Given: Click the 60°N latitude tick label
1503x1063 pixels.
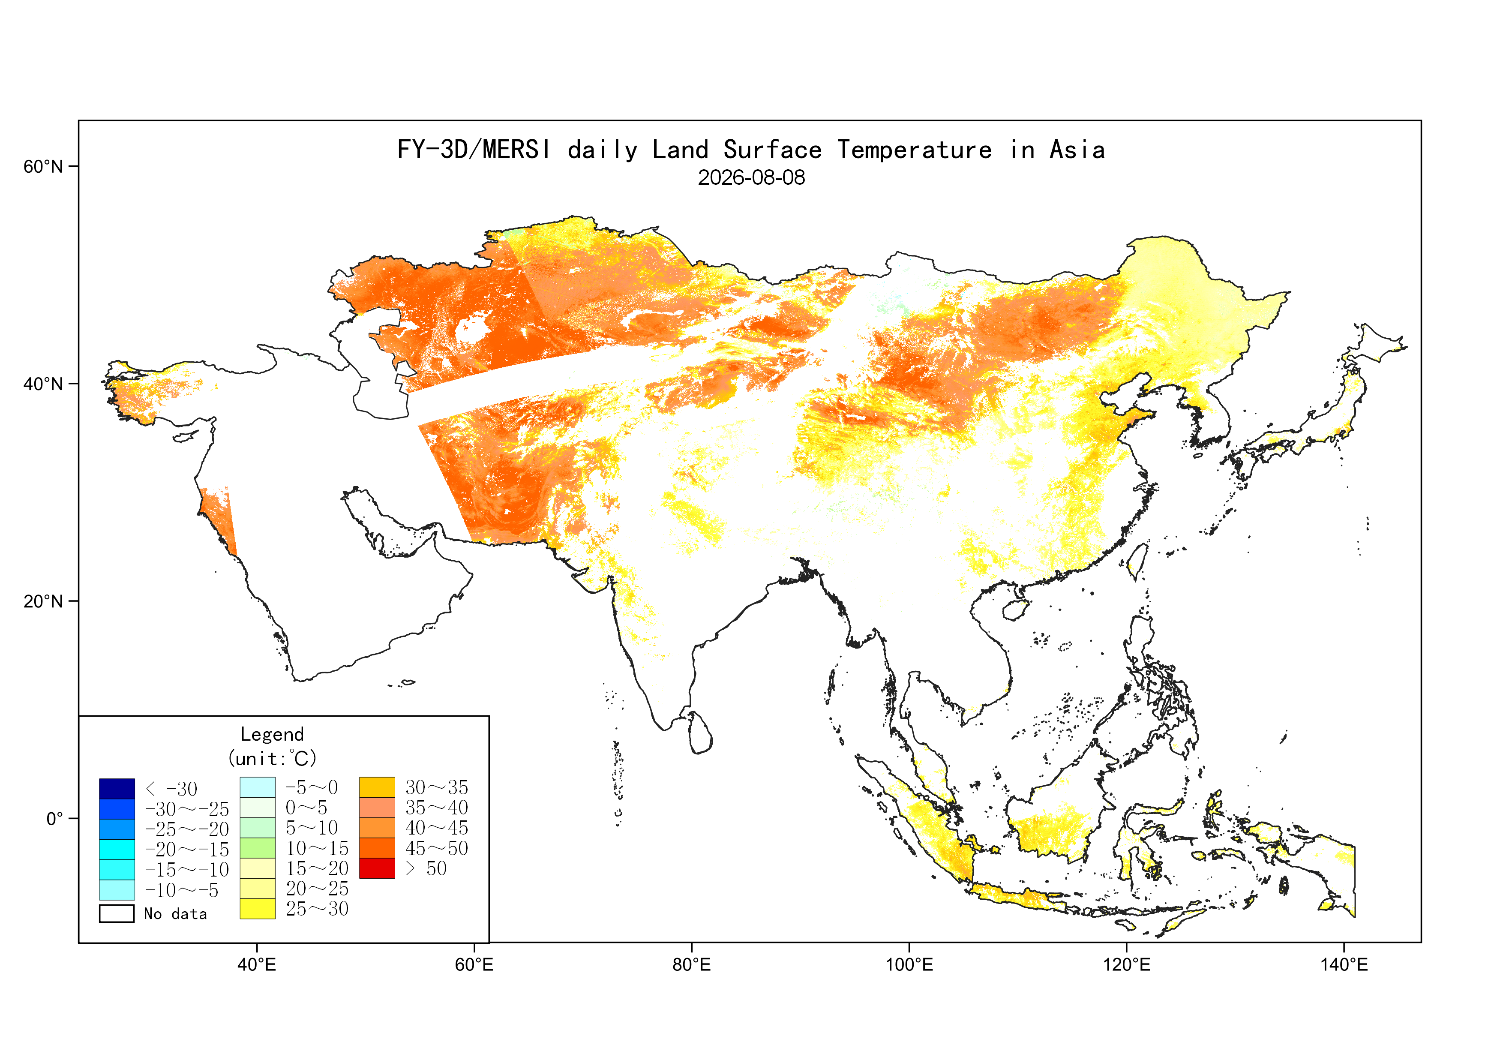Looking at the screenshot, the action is [x=43, y=166].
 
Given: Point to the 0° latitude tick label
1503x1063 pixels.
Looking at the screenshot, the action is [x=54, y=819].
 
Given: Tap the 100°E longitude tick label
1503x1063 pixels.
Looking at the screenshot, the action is [x=909, y=965].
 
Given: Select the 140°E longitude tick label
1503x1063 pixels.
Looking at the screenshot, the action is [x=1344, y=965].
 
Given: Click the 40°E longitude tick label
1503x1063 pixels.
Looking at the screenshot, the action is [x=257, y=965].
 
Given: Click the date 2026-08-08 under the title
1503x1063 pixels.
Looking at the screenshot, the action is [x=752, y=177].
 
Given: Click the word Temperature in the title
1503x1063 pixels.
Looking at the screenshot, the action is [x=915, y=150].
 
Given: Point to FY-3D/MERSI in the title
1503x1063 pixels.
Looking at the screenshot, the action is [x=474, y=150].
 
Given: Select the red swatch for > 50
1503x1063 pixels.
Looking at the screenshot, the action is [x=377, y=868].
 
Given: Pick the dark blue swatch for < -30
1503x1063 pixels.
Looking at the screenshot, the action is [x=117, y=789].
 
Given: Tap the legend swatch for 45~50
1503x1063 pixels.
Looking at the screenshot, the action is [x=377, y=848].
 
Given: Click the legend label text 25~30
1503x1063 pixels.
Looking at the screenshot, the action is [x=317, y=909].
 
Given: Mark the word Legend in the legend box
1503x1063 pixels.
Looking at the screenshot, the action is [x=272, y=734].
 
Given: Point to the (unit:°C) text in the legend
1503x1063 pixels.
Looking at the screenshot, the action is [x=272, y=759].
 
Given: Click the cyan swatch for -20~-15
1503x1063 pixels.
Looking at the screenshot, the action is [x=117, y=850].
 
